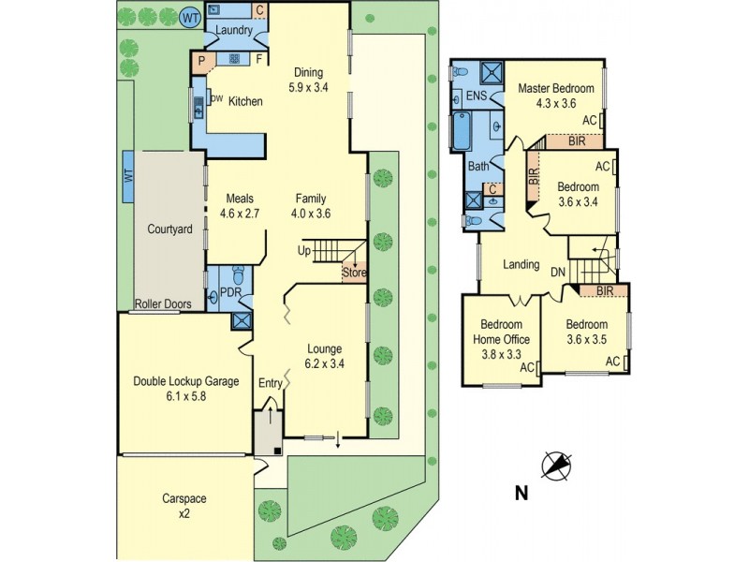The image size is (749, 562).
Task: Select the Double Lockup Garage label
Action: (x=185, y=381)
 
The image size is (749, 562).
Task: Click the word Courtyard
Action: (x=169, y=229)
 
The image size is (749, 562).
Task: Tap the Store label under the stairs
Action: (x=353, y=274)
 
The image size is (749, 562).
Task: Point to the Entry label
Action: (x=270, y=382)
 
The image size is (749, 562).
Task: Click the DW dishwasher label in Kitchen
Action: (x=216, y=97)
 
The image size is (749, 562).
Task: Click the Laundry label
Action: (x=235, y=30)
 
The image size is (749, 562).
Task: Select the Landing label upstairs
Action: (x=521, y=265)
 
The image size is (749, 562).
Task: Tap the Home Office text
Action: (x=501, y=339)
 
